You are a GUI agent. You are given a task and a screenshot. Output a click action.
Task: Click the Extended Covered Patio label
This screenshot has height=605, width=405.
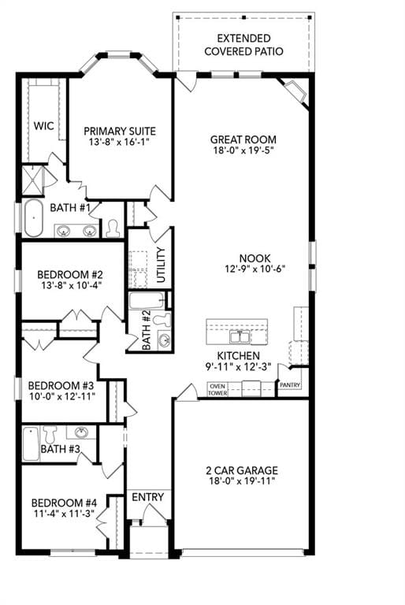pos(243,45)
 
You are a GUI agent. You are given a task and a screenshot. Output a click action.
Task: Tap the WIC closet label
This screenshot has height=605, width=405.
pos(43,126)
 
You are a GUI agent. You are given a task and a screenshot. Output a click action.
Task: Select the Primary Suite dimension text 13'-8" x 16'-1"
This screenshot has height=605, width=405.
pos(119,142)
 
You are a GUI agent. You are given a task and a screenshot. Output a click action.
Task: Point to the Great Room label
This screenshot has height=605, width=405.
pos(243,139)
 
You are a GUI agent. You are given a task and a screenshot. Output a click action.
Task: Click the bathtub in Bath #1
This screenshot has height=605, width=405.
pos(34,218)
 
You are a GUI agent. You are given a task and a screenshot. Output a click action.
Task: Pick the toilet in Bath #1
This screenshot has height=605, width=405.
pos(113,228)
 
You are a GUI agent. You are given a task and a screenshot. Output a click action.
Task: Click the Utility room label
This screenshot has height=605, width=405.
pos(161,265)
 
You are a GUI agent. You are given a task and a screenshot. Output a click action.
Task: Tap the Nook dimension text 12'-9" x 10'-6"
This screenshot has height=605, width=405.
pos(255,269)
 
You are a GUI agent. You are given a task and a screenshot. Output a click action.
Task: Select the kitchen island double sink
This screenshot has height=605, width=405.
pos(240,337)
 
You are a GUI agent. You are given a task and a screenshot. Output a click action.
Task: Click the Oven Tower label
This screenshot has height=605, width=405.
pos(217,390)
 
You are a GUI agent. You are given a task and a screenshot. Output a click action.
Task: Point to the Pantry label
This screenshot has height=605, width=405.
pos(290,385)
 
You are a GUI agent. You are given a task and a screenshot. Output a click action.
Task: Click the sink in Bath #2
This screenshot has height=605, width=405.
pos(164,340)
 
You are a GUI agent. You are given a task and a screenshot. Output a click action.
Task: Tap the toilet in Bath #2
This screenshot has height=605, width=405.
pos(162,320)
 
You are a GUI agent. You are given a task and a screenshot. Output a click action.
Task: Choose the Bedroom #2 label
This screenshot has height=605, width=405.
pos(70,275)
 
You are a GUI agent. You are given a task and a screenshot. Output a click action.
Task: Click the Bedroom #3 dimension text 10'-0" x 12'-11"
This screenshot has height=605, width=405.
pos(62,396)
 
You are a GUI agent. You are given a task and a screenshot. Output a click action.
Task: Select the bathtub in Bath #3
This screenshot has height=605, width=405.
pos(31,444)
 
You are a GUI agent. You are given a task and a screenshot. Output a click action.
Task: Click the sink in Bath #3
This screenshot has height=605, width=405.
pos(81,432)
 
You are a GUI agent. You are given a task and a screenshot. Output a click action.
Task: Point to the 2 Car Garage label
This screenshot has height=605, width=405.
pos(242,470)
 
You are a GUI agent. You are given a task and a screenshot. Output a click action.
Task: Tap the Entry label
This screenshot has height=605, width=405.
pos(148,497)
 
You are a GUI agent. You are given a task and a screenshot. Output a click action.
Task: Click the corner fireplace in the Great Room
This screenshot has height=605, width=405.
pos(295,91)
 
